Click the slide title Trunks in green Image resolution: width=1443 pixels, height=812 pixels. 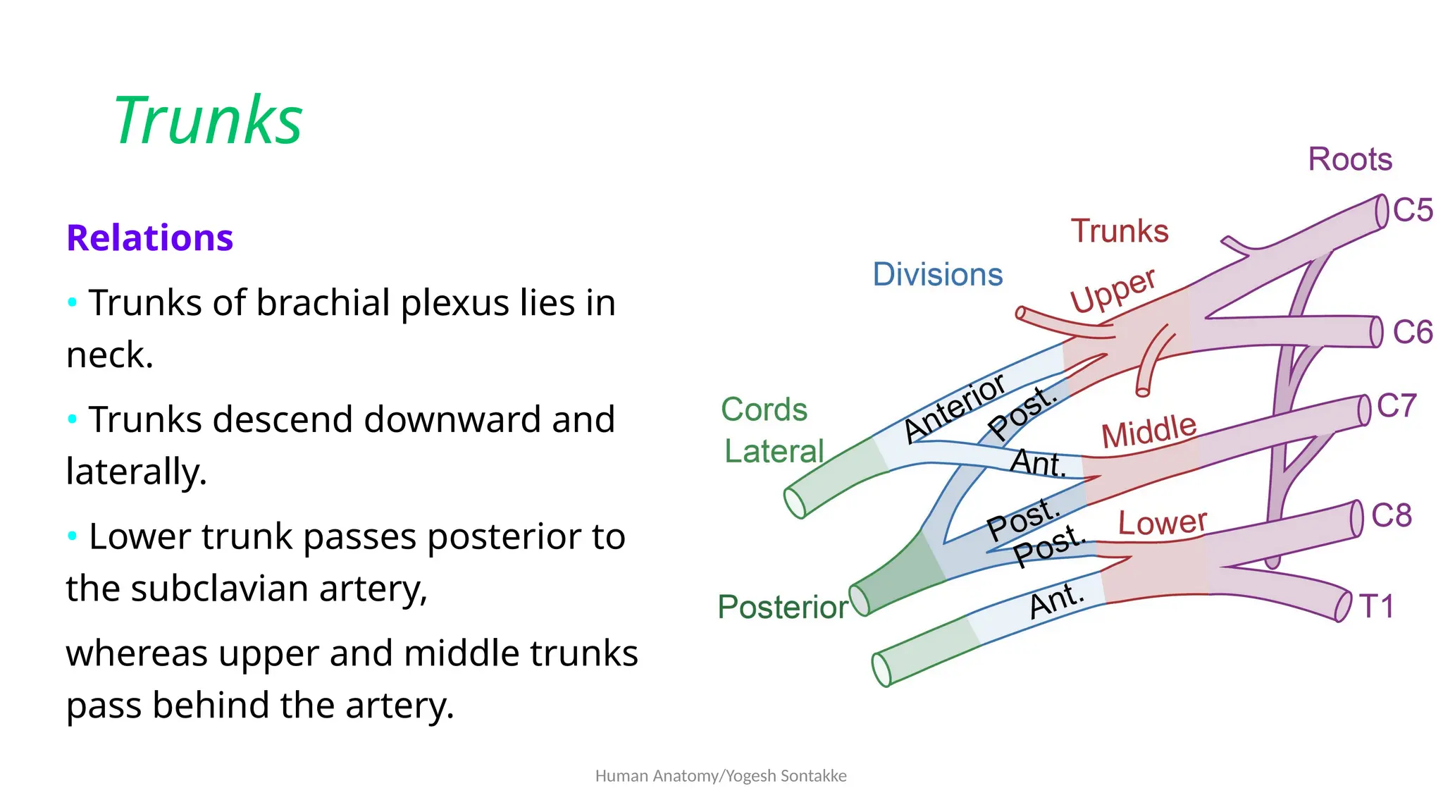tap(208, 121)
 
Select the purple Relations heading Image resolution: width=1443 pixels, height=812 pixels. tap(149, 238)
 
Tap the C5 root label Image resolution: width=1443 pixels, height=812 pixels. tap(1413, 210)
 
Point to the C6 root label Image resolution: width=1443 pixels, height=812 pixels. tap(1413, 332)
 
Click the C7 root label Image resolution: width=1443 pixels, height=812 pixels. tap(1396, 406)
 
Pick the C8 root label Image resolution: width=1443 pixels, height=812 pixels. tap(1392, 516)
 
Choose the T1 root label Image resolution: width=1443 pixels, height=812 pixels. tap(1376, 606)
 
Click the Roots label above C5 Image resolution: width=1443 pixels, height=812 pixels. tap(1350, 159)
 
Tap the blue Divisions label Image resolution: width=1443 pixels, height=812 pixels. tap(937, 274)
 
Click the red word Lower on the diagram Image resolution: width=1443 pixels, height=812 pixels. tap(1163, 522)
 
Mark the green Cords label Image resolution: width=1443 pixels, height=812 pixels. tap(764, 410)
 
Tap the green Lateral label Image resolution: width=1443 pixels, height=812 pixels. tap(774, 451)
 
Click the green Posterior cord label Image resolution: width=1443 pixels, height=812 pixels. tap(782, 607)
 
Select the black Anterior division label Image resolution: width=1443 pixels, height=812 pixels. tap(955, 408)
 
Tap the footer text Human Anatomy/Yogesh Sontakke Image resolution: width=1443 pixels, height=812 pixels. tap(721, 776)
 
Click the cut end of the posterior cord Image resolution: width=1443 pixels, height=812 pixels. tap(860, 601)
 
